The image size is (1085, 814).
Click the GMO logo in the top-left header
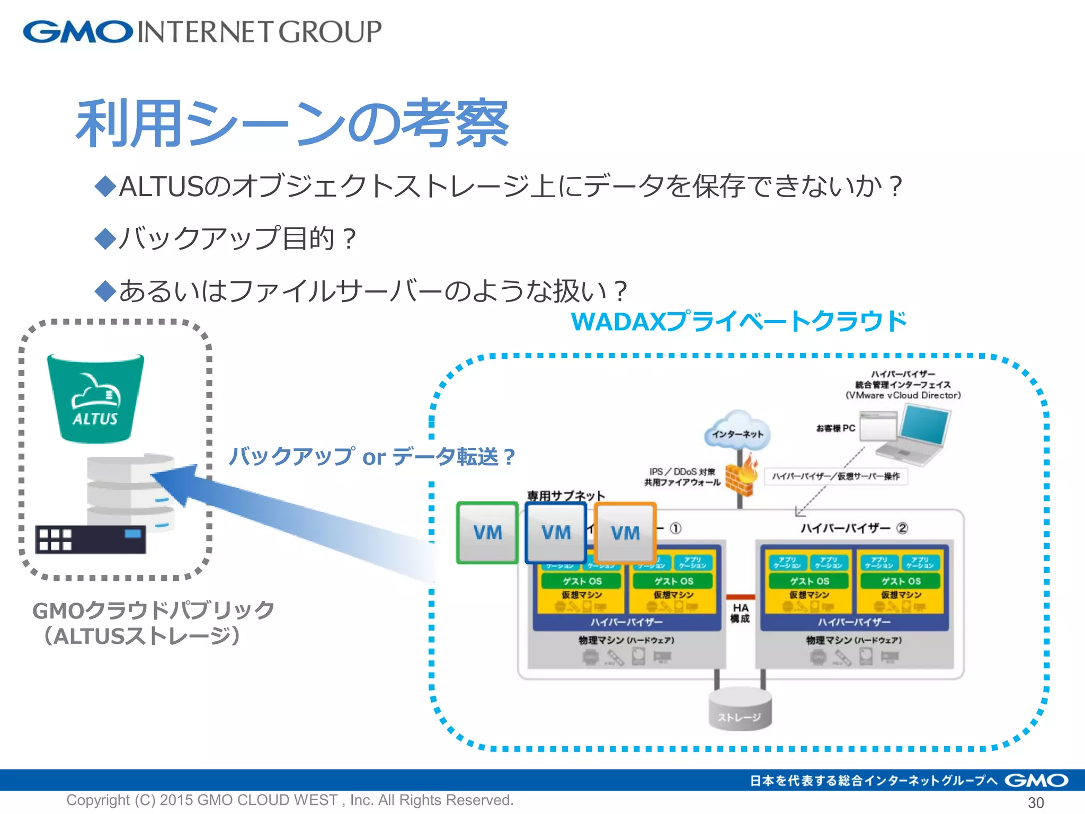tap(78, 32)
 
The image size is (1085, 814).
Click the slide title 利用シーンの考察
tap(292, 124)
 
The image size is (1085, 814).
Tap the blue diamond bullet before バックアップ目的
tap(105, 238)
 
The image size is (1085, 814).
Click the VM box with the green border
tap(487, 533)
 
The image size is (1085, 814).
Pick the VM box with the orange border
tap(625, 533)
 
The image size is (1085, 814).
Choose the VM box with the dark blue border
tap(556, 533)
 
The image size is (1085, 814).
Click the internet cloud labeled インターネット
tap(737, 431)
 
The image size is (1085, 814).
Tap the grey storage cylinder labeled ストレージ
tap(740, 710)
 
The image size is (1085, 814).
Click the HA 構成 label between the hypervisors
tap(740, 613)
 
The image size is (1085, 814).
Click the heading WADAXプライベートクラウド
tap(739, 322)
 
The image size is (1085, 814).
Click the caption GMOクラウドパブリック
tap(153, 610)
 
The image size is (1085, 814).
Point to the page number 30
tap(1035, 802)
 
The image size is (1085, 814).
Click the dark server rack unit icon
tap(90, 539)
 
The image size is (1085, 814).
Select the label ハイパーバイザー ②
tap(853, 528)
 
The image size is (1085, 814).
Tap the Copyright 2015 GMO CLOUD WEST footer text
tap(289, 800)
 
